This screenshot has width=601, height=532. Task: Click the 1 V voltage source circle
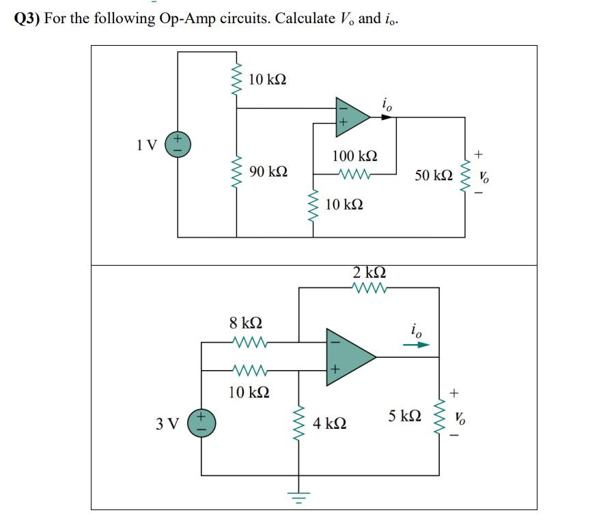179,145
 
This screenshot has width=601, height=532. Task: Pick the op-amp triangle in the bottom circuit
348,355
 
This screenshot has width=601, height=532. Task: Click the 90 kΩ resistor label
268,171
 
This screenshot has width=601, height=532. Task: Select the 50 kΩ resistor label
433,176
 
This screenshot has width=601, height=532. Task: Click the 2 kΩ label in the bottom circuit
369,272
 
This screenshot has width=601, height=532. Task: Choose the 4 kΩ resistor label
329,424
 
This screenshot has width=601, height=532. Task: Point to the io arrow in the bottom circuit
417,345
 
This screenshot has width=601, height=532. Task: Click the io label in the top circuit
387,104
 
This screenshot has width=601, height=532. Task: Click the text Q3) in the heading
27,18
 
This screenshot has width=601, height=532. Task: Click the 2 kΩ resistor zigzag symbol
369,288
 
